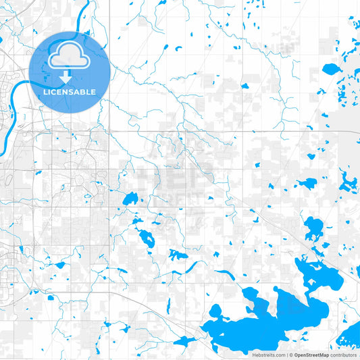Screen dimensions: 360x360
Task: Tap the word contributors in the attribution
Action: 344,354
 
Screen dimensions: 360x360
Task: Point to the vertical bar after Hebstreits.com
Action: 286,354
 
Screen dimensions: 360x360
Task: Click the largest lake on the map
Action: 270,321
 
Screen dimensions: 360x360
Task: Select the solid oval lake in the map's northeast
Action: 332,69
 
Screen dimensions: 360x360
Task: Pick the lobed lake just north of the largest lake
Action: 313,228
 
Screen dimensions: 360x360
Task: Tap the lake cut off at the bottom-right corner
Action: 351,336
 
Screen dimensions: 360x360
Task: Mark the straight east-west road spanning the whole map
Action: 203,131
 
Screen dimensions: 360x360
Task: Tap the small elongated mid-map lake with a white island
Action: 145,237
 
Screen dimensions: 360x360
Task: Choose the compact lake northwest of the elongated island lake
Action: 130,199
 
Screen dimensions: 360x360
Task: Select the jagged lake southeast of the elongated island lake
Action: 178,255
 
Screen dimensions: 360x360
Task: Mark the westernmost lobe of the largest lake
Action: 217,313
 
